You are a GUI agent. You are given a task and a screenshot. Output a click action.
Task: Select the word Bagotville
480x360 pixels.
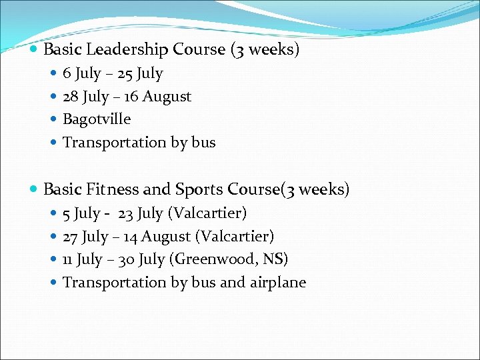point(97,119)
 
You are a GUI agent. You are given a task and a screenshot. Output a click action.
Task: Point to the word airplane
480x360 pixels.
point(278,283)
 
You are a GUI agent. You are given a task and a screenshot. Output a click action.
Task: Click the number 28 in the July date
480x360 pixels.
point(70,97)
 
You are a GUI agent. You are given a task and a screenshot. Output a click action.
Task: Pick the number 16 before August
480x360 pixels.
point(131,97)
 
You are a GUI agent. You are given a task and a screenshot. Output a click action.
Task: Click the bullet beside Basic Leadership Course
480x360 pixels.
point(35,50)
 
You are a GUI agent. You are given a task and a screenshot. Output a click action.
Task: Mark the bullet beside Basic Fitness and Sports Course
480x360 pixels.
point(35,190)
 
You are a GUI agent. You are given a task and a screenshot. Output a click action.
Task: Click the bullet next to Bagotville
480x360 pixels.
point(54,120)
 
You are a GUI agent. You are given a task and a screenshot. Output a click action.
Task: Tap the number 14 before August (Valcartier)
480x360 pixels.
point(131,237)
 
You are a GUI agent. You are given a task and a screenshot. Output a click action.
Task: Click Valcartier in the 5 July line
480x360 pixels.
point(207,213)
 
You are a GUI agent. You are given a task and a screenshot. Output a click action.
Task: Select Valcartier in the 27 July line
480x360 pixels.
point(235,237)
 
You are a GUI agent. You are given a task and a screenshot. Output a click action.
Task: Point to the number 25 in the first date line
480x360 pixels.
point(125,73)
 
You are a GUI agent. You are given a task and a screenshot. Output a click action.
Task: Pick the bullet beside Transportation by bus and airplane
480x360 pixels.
point(54,283)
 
